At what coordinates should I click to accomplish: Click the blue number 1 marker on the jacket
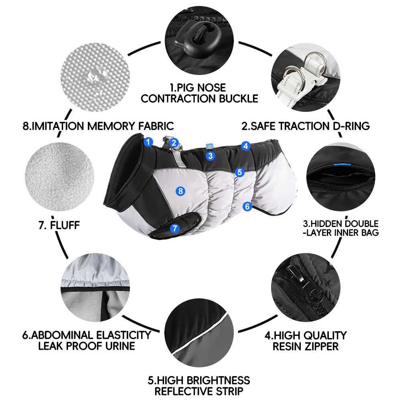coord(148,142)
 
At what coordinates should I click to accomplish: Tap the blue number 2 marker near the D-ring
coord(174,143)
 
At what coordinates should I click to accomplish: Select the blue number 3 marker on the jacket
coord(210,156)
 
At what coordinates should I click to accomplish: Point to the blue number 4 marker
coord(245,146)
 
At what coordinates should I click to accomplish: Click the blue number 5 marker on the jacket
coord(239,172)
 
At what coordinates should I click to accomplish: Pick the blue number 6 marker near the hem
coord(247,206)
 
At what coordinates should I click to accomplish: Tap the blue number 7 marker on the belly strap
coord(175,228)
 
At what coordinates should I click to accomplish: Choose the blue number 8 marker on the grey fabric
coord(180,191)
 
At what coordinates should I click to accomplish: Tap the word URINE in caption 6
coord(120,346)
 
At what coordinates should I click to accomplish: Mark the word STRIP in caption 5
coord(229,391)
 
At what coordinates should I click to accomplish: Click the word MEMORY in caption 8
coord(111,126)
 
